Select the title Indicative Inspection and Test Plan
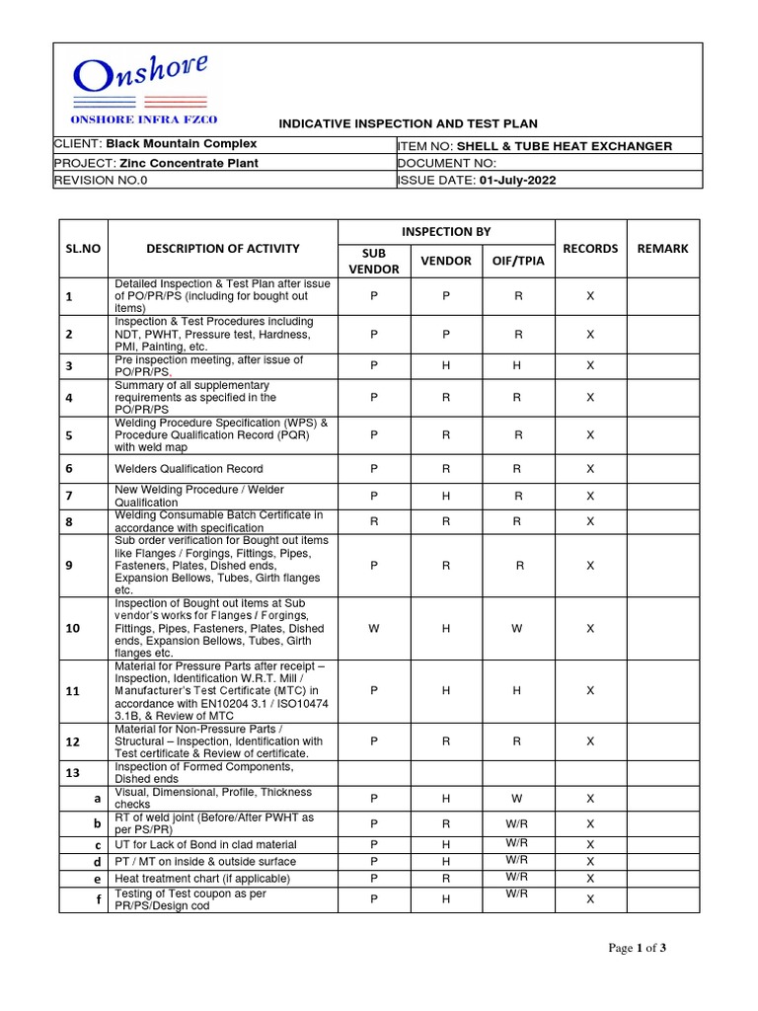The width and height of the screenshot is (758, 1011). click(408, 123)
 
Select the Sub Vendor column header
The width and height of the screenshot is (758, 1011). click(374, 261)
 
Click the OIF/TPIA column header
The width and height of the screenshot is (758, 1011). click(516, 261)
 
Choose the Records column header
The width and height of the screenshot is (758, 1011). click(590, 248)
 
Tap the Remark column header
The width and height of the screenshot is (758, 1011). click(662, 248)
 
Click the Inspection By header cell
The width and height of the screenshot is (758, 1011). click(446, 231)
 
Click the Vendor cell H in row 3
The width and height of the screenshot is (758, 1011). click(446, 365)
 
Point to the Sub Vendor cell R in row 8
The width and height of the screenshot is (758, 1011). click(374, 520)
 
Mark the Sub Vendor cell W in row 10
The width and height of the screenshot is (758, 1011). click(374, 628)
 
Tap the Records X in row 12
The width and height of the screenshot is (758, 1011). click(590, 740)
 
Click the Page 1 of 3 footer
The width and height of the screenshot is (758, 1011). click(638, 949)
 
